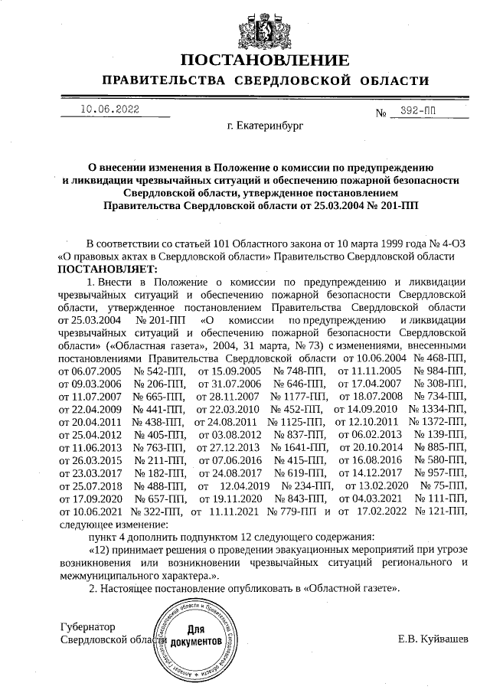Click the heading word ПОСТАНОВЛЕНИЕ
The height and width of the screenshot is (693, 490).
coord(265,60)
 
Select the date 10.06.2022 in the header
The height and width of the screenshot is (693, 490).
coord(109,110)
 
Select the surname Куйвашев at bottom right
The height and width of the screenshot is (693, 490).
coord(443,639)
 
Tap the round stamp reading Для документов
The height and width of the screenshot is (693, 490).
coord(199,639)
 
